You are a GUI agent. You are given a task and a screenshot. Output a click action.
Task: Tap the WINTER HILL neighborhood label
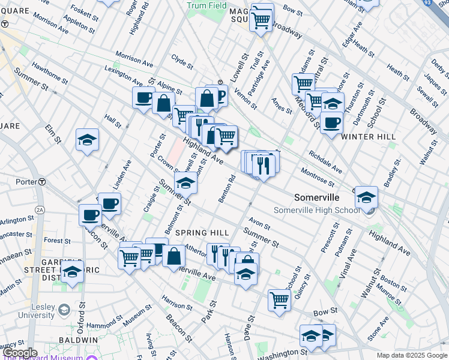point(368,137)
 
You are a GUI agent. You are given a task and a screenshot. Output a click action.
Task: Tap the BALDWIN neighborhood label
point(78,340)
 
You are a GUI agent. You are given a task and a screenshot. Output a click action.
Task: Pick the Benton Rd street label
point(227,188)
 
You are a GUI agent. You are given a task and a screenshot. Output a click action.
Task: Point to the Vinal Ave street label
point(343,263)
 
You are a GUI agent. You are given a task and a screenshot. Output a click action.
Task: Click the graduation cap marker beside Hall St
point(88,140)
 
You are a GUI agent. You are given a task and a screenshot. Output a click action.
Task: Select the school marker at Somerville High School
point(366,197)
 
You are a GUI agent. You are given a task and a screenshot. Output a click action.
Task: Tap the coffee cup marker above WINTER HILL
point(331,123)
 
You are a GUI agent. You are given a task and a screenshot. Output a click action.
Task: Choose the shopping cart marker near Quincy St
point(279,299)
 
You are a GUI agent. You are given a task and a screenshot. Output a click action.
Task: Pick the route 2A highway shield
point(40,209)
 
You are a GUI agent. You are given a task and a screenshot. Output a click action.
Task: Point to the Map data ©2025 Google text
point(411,355)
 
